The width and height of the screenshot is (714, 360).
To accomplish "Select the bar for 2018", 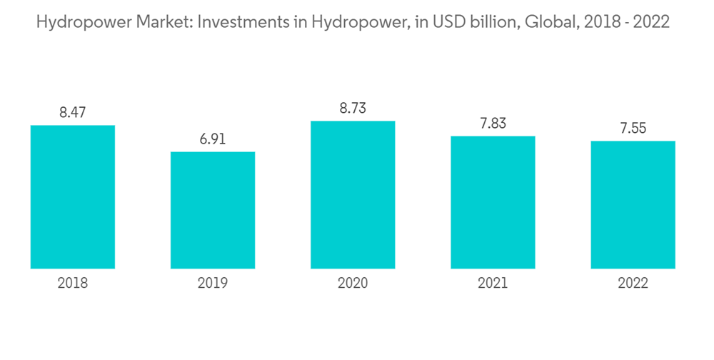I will click(73, 197).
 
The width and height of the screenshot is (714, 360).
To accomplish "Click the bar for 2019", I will click(213, 210).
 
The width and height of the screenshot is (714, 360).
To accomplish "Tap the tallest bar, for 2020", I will click(353, 195).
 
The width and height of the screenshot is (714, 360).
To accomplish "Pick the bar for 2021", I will click(493, 202).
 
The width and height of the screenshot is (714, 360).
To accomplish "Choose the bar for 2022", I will click(633, 205).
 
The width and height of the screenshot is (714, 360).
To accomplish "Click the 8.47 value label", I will click(73, 112).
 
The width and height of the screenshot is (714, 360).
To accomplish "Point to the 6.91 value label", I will click(213, 139).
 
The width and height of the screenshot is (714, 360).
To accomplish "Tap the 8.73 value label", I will click(353, 108).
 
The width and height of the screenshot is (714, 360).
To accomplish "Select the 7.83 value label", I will click(493, 123).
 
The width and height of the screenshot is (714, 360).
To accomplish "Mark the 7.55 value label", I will click(633, 128).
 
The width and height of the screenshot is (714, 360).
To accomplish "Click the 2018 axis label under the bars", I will click(73, 284).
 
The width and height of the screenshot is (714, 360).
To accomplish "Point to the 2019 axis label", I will click(213, 284).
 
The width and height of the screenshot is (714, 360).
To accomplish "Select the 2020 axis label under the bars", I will click(353, 284).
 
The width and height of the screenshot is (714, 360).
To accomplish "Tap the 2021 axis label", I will click(493, 284).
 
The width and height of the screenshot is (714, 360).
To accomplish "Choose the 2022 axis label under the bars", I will click(633, 284).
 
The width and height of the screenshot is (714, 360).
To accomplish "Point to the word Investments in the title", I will click(241, 22).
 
